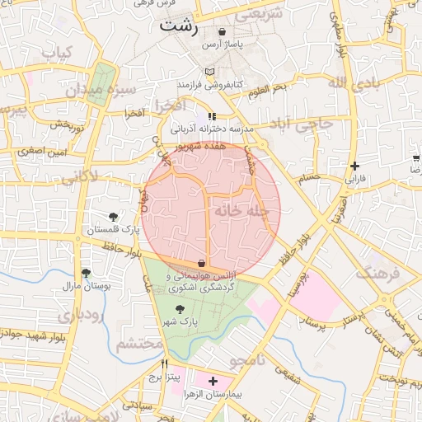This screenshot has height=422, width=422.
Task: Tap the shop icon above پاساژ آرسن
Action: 223,31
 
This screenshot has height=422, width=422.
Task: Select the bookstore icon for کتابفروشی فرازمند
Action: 210,73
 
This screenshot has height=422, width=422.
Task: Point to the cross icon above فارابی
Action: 354,166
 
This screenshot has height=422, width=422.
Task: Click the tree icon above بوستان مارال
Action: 86,273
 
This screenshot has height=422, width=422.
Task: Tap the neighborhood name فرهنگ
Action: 379,273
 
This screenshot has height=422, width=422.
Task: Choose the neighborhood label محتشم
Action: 136,344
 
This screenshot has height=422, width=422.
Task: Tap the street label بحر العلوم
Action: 267,88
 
